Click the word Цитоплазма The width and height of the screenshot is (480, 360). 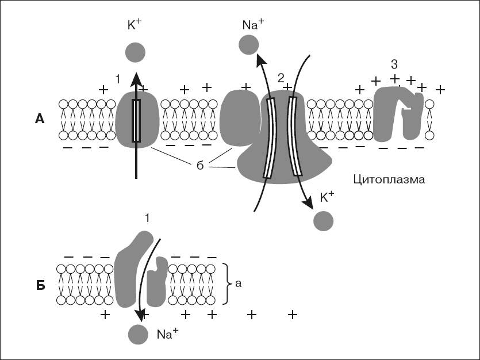pyautogui.click(x=389, y=180)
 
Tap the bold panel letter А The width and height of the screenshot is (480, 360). pyautogui.click(x=40, y=119)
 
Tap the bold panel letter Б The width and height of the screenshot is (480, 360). pyautogui.click(x=40, y=285)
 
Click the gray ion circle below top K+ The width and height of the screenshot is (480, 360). pyautogui.click(x=135, y=52)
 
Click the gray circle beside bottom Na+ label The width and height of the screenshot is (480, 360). pyautogui.click(x=138, y=334)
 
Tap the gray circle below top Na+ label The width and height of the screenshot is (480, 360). pyautogui.click(x=248, y=44)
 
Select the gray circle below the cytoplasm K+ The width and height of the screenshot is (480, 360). pyautogui.click(x=323, y=220)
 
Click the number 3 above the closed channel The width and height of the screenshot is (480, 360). pyautogui.click(x=394, y=63)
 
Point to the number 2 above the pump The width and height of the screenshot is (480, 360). pyautogui.click(x=281, y=77)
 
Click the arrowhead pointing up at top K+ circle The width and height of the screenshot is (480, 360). pyautogui.click(x=136, y=77)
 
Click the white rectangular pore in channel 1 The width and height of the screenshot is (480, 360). pyautogui.click(x=136, y=121)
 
